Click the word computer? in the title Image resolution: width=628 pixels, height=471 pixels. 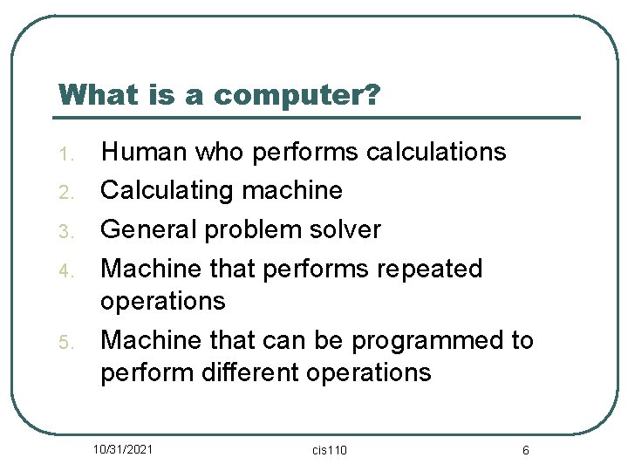pos(297,95)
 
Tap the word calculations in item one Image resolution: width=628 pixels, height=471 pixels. pos(435,152)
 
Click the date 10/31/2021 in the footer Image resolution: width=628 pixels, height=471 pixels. pos(125,449)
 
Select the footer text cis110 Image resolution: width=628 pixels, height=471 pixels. pos(329,450)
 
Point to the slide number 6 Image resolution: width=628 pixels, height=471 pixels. pos(525,450)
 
